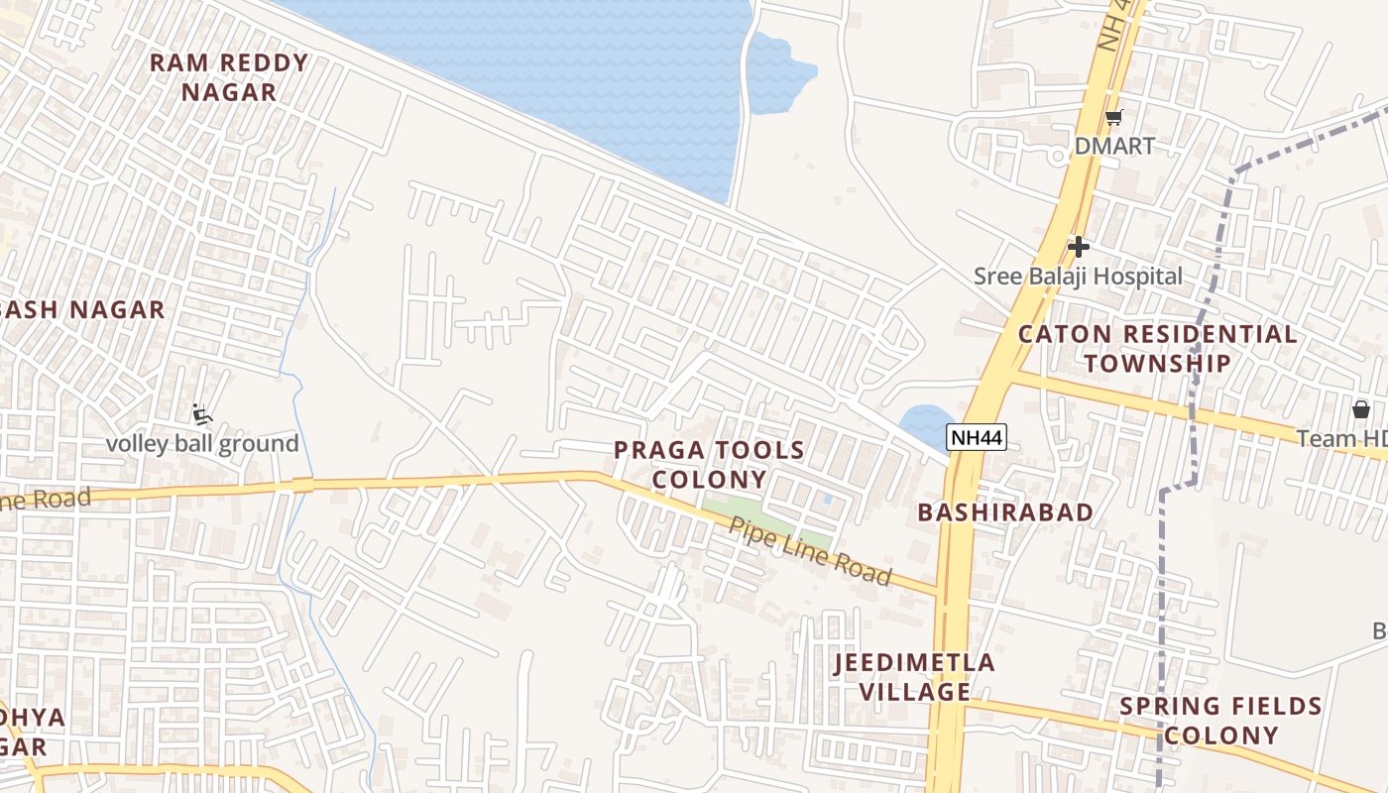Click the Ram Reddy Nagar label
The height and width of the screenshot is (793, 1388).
click(x=229, y=77)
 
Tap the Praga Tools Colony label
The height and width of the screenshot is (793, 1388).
click(x=709, y=465)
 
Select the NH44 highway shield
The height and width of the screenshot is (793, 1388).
click(x=976, y=437)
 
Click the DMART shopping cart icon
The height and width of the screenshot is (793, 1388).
click(x=1114, y=117)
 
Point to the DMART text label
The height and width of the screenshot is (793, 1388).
click(x=1114, y=146)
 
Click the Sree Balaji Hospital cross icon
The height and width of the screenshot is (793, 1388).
click(x=1079, y=247)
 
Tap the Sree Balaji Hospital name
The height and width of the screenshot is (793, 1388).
click(x=1078, y=277)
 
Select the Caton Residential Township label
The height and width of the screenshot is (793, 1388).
click(x=1157, y=348)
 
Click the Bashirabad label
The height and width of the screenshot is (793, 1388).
click(x=1005, y=512)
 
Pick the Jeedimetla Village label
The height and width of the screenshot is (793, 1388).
click(x=914, y=676)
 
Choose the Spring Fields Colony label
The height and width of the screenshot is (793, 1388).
click(x=1220, y=721)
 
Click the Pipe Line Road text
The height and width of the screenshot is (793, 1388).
click(x=810, y=551)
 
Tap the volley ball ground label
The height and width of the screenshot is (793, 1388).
click(x=202, y=443)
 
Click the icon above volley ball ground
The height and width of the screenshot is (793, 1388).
click(x=202, y=414)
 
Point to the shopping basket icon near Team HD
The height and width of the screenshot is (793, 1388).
click(x=1360, y=409)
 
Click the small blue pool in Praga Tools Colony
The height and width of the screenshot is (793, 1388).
click(x=827, y=499)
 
